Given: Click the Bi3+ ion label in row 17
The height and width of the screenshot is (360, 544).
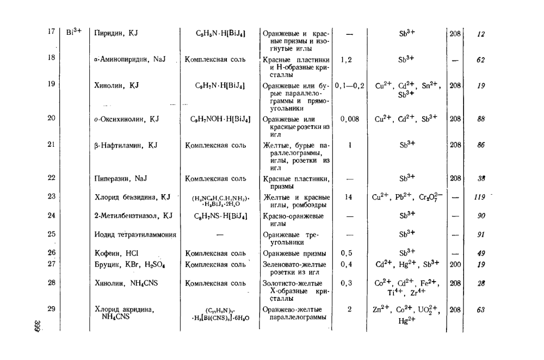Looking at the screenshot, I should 73,32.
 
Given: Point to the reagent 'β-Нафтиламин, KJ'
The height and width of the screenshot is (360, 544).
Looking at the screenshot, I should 126,145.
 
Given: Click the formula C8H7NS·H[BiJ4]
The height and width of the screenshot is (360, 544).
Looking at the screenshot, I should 220,216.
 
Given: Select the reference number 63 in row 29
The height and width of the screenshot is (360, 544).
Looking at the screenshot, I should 480,311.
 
